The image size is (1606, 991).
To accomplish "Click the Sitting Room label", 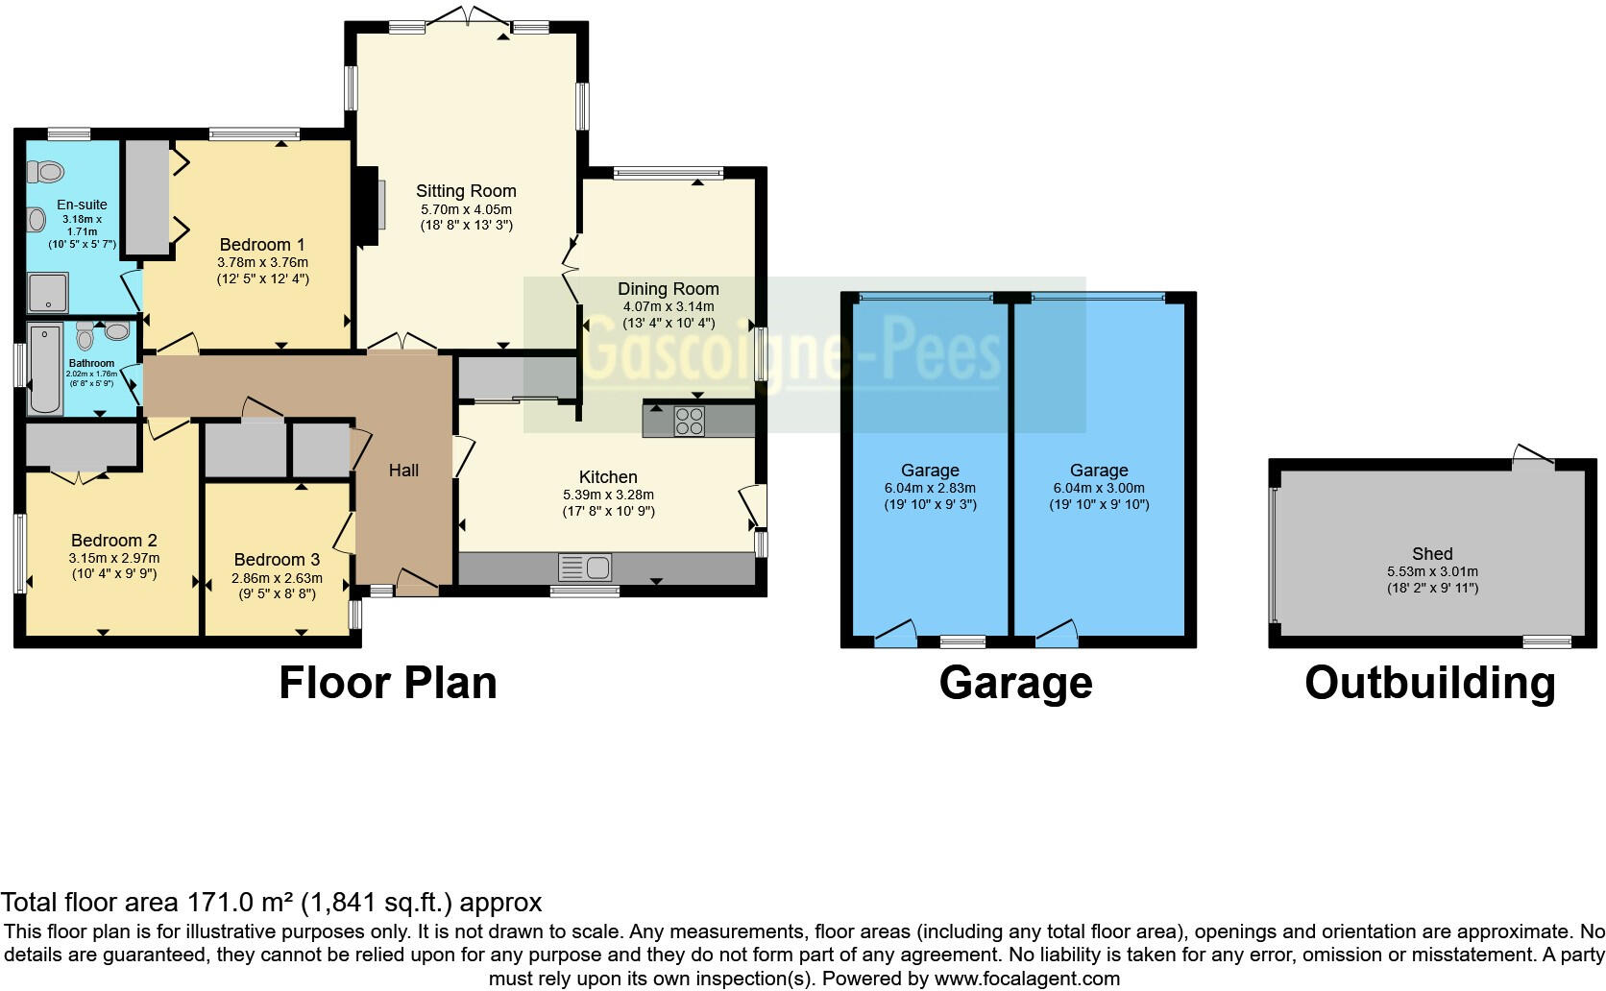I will [x=466, y=191].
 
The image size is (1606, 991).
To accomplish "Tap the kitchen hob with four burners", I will [x=689, y=422].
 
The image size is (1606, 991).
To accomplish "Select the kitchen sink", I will [x=583, y=568].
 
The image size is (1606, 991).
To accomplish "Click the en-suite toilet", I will [x=44, y=172].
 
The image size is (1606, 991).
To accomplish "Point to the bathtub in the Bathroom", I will [x=44, y=370].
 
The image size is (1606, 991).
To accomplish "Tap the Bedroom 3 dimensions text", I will [x=277, y=587].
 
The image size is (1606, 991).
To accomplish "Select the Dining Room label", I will [x=668, y=289].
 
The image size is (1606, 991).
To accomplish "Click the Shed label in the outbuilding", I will [x=1432, y=554].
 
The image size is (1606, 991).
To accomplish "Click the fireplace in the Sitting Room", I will [x=368, y=206].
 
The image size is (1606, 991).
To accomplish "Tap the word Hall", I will [x=403, y=471].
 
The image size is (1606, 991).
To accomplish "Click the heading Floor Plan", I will [x=388, y=684].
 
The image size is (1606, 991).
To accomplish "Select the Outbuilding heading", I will [x=1429, y=684].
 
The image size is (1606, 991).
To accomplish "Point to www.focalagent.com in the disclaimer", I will [x=1026, y=979].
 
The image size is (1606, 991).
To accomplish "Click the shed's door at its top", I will [x=1532, y=455].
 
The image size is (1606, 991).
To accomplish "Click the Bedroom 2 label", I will [x=113, y=541].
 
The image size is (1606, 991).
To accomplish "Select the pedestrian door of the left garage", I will [x=896, y=633].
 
